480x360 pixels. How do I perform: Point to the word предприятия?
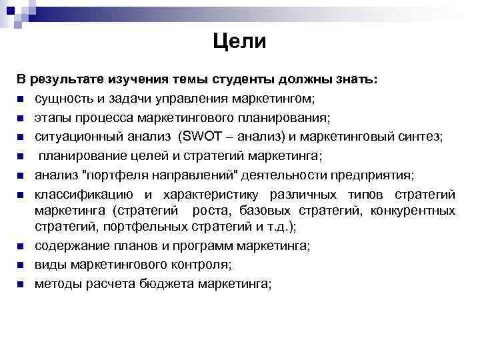point(373,175)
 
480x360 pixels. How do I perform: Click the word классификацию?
point(83,194)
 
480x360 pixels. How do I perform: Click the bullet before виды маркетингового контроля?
point(21,265)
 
